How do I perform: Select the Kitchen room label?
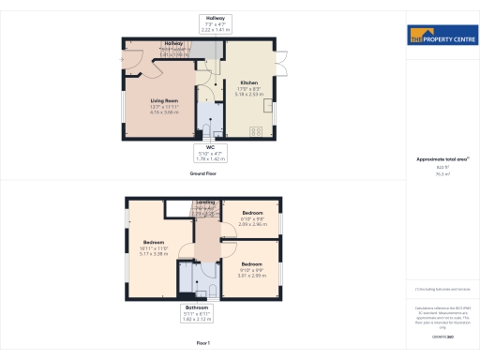(x=248, y=87)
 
